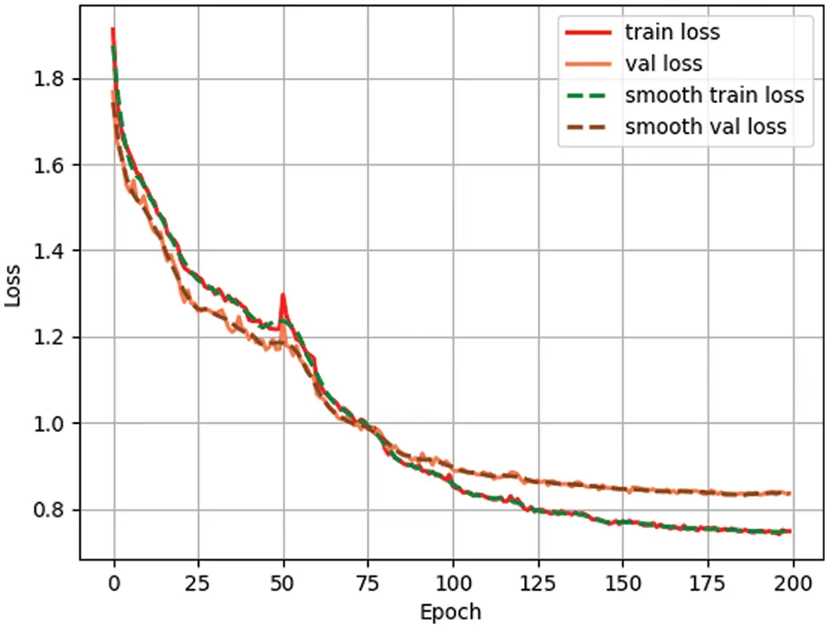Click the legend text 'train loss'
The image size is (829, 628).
(672, 33)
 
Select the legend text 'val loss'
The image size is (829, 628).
(663, 64)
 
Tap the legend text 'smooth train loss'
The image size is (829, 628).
(714, 95)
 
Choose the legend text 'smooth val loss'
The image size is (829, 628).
(705, 126)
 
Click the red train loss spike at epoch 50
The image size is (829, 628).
(283, 296)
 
